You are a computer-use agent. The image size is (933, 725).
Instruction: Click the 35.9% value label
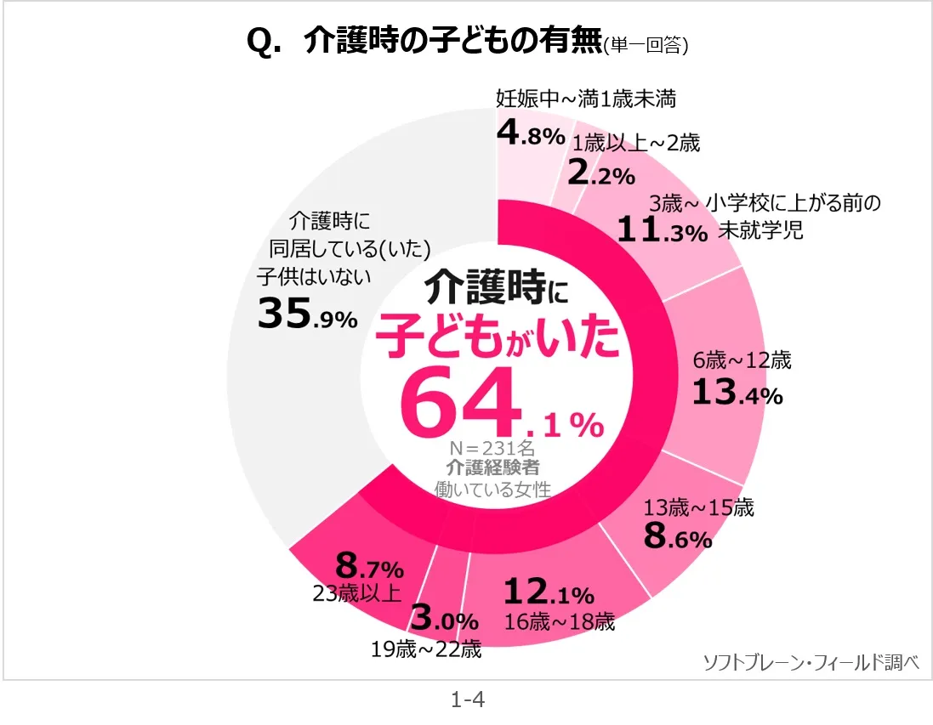coord(307,315)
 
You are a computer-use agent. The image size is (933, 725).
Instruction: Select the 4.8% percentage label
coord(531,134)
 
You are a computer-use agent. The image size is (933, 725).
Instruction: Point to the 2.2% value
coord(600,174)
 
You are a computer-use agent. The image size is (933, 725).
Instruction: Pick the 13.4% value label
coord(737,393)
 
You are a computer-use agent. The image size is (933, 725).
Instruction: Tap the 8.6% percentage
coord(677,538)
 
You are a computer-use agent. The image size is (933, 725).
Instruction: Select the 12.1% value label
coord(549,592)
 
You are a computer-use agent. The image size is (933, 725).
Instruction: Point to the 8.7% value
coord(369,566)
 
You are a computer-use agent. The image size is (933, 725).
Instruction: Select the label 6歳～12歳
coord(742,360)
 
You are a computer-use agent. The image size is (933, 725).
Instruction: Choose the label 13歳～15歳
coord(699,509)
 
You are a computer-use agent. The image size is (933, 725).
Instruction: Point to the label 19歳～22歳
coord(426,650)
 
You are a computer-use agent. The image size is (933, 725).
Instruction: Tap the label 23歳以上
coord(356,593)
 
